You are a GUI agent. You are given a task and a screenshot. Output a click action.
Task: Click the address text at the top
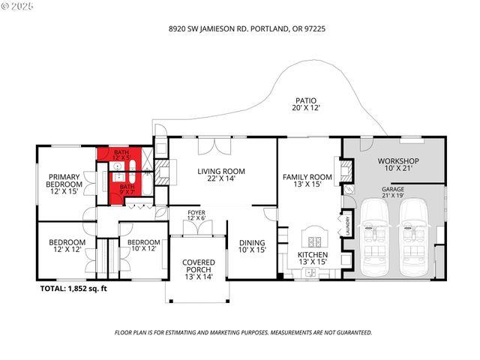(x=241, y=28)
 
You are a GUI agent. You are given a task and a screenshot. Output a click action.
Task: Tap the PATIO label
(x=305, y=104)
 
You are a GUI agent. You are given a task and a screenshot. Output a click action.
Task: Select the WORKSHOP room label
(x=397, y=166)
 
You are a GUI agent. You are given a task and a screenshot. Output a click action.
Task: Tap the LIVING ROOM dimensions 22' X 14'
(x=221, y=179)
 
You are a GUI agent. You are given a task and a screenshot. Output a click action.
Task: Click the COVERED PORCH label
(x=199, y=270)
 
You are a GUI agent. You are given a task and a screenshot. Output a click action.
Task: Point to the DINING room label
(x=251, y=247)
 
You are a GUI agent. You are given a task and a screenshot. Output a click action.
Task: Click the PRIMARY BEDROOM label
(x=64, y=184)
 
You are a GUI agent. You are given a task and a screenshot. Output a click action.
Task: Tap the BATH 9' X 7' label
(x=128, y=189)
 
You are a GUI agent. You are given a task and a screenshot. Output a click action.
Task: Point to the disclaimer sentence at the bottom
(x=242, y=331)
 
